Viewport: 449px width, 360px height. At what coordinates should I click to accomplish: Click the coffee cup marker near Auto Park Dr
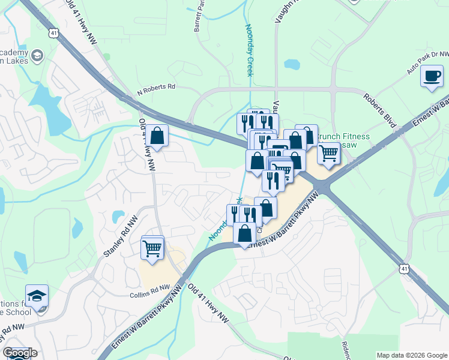coord(432,77)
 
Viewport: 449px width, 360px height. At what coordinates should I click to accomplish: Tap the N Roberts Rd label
coord(156,88)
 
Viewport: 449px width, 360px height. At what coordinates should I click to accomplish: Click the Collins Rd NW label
coord(148,295)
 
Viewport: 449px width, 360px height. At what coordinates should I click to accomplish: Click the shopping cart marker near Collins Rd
coord(152,248)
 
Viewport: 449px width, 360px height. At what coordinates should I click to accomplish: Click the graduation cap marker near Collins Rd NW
coord(37,298)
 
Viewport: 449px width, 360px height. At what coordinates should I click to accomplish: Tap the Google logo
coord(20,353)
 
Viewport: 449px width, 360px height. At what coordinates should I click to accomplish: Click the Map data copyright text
coord(411,355)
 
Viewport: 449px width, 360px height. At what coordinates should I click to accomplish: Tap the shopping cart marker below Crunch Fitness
coord(328,153)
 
